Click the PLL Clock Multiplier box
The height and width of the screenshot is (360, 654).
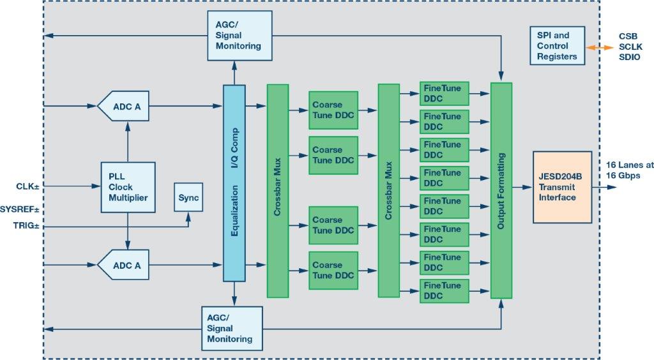128,186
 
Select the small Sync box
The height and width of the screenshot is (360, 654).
189,197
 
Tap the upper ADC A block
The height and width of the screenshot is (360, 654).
125,106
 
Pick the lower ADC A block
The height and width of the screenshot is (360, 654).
125,266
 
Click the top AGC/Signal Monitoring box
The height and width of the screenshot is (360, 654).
234,36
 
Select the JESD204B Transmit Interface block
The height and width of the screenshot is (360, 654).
562,187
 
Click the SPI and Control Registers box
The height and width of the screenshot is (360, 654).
556,46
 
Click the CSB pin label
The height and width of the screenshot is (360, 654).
628,36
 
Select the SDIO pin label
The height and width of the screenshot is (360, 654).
630,58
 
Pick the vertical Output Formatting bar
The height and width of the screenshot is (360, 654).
501,190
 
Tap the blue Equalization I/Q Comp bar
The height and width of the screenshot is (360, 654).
234,183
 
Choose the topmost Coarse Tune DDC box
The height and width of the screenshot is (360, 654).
333,110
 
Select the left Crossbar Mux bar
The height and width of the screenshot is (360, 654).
277,191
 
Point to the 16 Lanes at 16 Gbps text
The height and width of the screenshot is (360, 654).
630,170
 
